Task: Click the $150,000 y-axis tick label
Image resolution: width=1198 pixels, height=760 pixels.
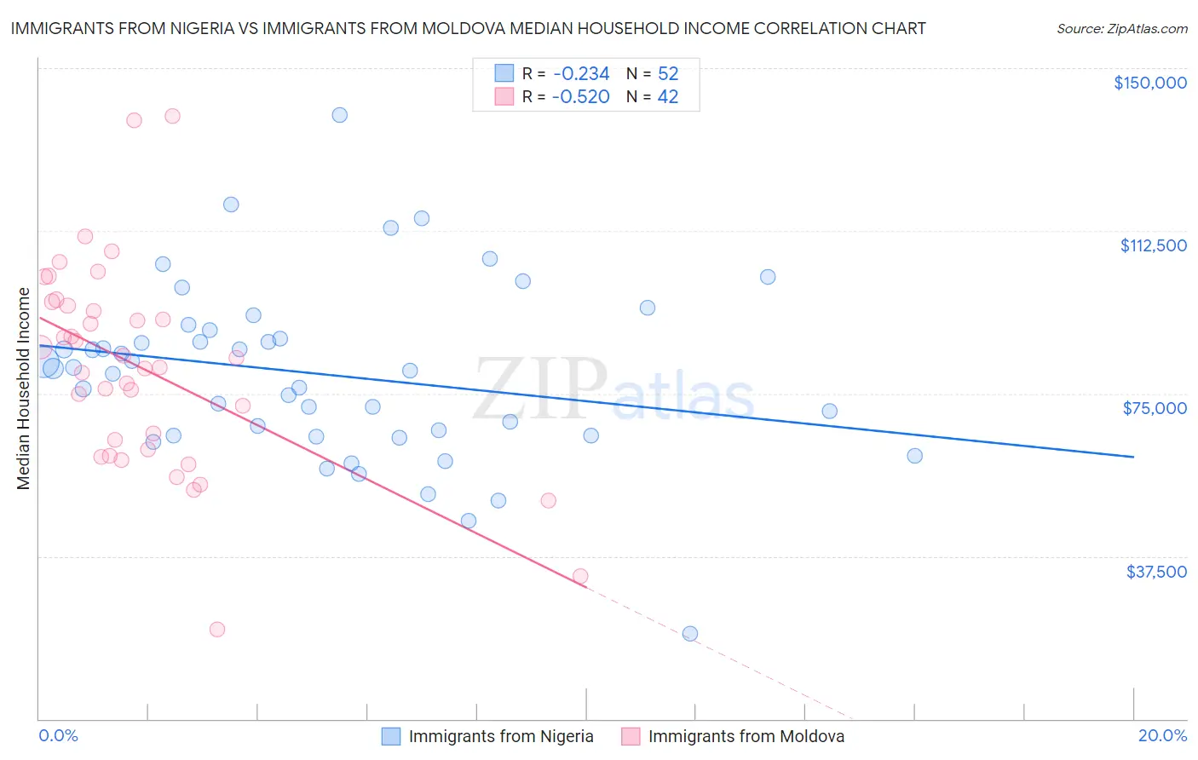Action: [x=1149, y=83]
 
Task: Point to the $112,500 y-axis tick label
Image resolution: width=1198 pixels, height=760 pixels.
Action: [x=1153, y=245]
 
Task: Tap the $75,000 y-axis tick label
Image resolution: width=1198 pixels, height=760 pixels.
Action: [x=1155, y=408]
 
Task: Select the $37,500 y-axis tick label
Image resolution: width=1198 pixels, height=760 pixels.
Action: [x=1156, y=572]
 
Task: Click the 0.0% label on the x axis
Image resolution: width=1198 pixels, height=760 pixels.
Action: [x=58, y=735]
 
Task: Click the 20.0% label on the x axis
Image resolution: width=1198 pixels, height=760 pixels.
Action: [x=1162, y=735]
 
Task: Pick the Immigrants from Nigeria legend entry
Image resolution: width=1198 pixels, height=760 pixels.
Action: [x=500, y=736]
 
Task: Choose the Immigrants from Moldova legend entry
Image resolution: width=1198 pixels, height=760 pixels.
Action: [x=746, y=736]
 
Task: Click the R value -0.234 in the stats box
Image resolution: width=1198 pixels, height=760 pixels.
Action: [x=580, y=73]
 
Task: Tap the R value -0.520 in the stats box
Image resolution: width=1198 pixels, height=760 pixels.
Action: [x=580, y=97]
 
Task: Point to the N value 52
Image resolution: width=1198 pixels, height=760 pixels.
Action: [x=668, y=73]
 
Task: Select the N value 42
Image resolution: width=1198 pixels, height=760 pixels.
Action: [x=668, y=97]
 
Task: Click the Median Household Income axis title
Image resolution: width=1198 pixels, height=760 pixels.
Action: [x=24, y=389]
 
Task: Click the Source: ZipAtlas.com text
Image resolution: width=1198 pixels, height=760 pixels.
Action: [x=1121, y=29]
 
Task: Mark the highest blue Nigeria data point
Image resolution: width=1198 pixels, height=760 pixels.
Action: [x=339, y=115]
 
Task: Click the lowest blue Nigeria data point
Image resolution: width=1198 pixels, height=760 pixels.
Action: [x=690, y=634]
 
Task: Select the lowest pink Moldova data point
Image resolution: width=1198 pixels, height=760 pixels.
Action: [x=217, y=630]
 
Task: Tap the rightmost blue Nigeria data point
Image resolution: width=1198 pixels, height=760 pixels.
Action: [x=914, y=456]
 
